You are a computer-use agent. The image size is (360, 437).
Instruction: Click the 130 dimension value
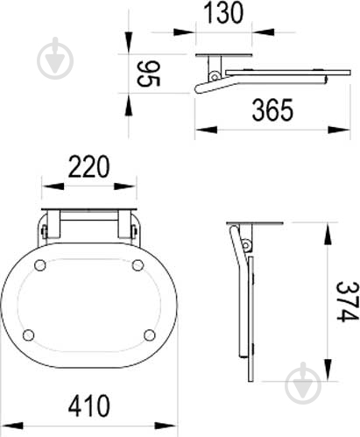(223, 12)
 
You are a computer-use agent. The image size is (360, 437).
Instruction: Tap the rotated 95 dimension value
(148, 74)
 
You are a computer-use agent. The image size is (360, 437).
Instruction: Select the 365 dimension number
(272, 110)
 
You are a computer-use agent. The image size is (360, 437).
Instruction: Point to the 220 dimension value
(88, 166)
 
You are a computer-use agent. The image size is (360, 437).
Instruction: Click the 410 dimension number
(89, 405)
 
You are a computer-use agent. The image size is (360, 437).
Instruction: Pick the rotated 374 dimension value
(347, 301)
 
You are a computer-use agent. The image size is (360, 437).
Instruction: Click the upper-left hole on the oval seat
(40, 265)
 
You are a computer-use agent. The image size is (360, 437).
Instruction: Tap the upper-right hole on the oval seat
(138, 265)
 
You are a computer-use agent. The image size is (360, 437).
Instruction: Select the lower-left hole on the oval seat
(28, 335)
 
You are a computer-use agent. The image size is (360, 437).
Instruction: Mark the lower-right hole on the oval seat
(150, 335)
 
